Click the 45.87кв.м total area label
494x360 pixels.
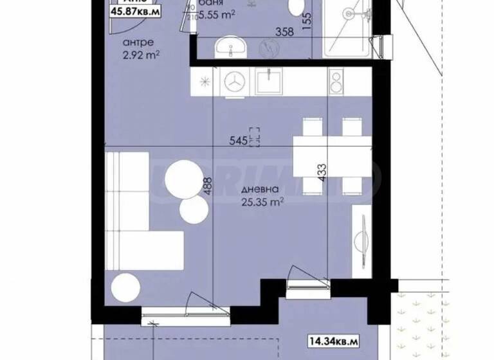[136, 12]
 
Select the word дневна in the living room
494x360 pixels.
[260, 190]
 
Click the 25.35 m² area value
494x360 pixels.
[262, 203]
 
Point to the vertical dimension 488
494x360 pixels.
[207, 185]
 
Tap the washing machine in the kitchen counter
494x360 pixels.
[233, 82]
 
